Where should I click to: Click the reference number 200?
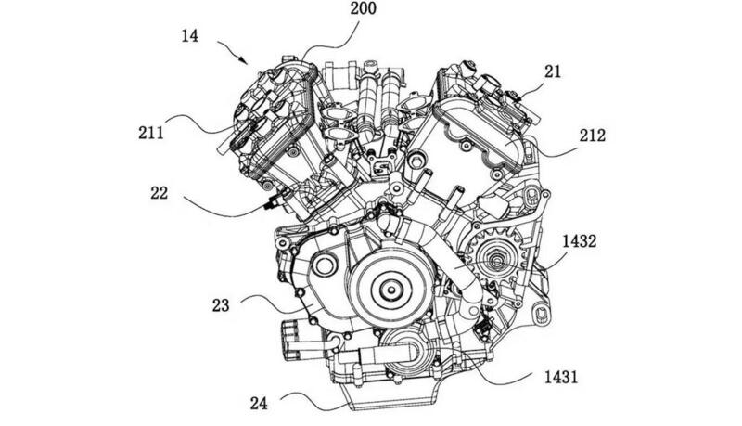pos(363,8)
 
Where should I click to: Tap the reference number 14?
pos(190,36)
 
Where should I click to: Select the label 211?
pos(151,133)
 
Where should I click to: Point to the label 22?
pos(159,193)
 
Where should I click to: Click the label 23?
pos(221,305)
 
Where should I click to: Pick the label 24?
pos(259,404)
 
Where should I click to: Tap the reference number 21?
pos(552,71)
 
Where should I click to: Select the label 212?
pos(592,136)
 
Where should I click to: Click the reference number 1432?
pos(579,242)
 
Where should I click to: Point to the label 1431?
pos(561,377)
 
